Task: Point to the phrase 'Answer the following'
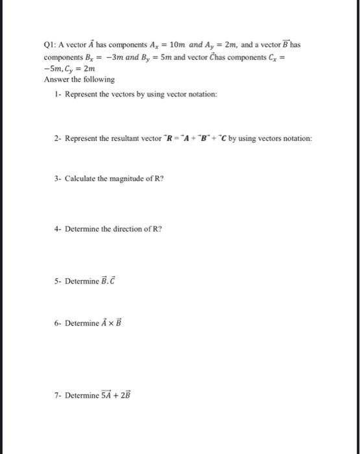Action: click(79, 79)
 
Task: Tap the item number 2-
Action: click(59, 139)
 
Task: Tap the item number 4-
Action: click(59, 229)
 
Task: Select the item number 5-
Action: click(59, 281)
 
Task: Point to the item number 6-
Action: click(59, 324)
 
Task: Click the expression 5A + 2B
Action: click(115, 395)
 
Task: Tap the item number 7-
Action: click(59, 396)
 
